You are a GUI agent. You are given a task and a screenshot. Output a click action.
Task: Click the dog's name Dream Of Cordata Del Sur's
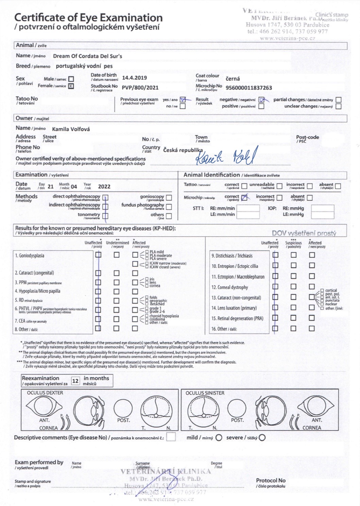pos(87,56)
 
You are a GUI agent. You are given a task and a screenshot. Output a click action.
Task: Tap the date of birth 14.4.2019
pos(134,78)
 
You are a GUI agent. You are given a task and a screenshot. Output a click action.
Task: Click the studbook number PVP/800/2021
pos(140,87)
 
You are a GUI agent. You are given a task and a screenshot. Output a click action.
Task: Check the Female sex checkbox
pos(71,86)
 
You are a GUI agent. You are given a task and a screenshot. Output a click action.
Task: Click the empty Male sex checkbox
pos(71,79)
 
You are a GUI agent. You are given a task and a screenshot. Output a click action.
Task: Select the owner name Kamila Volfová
pos(71,129)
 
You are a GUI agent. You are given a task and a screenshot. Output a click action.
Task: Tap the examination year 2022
pos(104,187)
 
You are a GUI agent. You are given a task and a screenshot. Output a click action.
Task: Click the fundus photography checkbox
pos(169,207)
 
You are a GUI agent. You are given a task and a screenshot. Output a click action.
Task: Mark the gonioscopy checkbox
pos(169,197)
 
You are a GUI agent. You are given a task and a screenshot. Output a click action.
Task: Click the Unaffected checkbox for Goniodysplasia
pos(98,255)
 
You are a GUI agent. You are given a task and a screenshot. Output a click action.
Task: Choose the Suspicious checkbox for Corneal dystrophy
pos(293,287)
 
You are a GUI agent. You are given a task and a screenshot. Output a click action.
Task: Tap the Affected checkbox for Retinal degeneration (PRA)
pos(312,318)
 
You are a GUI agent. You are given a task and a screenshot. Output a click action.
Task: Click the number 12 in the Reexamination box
pos(75,381)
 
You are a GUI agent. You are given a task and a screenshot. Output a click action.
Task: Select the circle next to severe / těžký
pos(262,438)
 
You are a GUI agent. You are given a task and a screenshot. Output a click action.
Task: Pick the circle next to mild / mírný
pos(219,438)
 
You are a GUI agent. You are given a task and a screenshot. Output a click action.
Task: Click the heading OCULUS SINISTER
pos(205,393)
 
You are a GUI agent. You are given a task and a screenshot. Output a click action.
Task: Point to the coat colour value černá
pos(233,79)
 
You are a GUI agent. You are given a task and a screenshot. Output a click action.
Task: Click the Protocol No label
pos(271,481)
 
